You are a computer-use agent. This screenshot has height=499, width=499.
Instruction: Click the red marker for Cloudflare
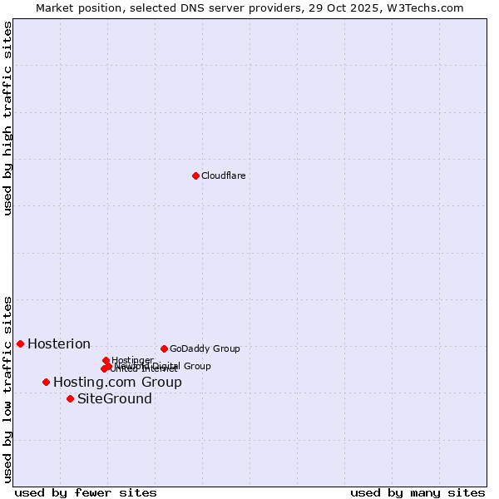[195, 175]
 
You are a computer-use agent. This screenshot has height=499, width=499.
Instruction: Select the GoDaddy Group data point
[164, 348]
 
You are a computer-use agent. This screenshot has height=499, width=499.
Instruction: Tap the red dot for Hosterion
[20, 343]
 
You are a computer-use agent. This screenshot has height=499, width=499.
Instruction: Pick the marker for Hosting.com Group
[46, 382]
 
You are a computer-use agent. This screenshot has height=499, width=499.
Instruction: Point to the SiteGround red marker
[70, 398]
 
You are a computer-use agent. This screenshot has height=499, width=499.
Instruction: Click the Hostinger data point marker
[106, 360]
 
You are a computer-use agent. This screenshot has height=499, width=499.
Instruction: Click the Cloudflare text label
[223, 175]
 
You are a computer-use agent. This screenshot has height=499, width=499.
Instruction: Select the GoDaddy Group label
[205, 348]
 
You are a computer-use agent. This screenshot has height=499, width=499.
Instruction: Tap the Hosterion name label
[59, 343]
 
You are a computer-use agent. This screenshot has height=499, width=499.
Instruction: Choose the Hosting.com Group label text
[117, 382]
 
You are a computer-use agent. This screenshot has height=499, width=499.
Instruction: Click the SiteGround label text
[115, 398]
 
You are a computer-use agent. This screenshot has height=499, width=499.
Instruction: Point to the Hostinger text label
[132, 360]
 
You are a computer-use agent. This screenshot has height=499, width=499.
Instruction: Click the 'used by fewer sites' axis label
[86, 492]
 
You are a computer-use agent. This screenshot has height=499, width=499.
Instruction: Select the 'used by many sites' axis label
[417, 492]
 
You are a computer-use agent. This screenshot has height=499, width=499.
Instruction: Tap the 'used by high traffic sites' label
[7, 118]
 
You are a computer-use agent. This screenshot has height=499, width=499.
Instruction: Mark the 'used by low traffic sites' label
[7, 388]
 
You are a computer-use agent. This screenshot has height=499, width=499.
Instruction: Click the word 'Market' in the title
[54, 7]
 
